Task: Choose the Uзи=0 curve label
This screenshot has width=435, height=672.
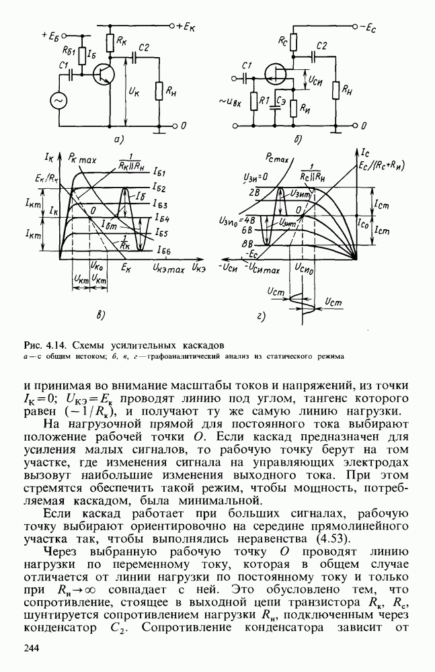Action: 254,176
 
